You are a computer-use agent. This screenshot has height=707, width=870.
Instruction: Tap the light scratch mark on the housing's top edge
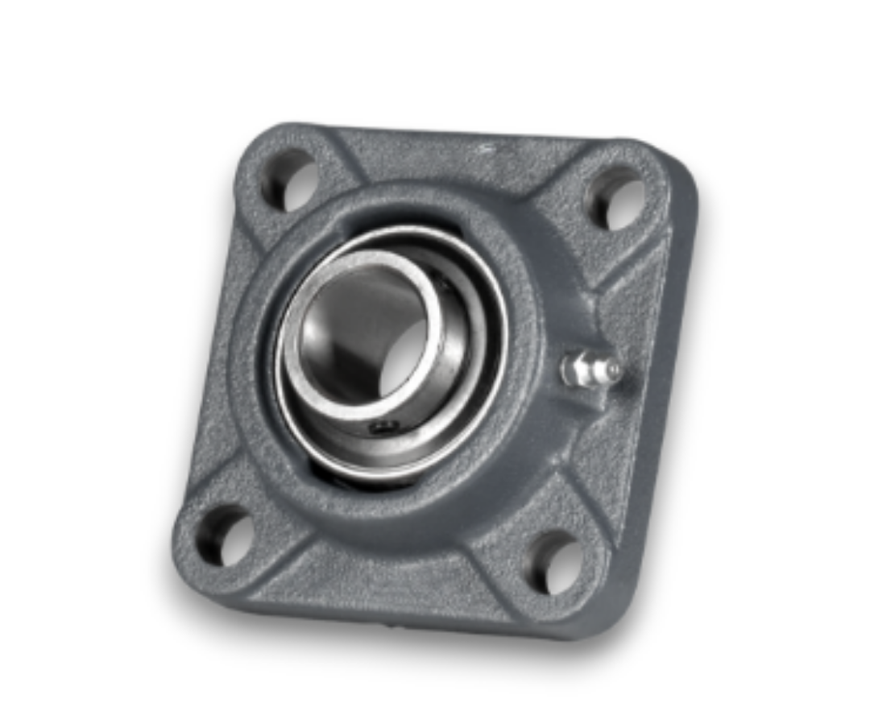click(486, 147)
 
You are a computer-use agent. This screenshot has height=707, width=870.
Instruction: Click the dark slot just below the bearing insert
click(354, 482)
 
